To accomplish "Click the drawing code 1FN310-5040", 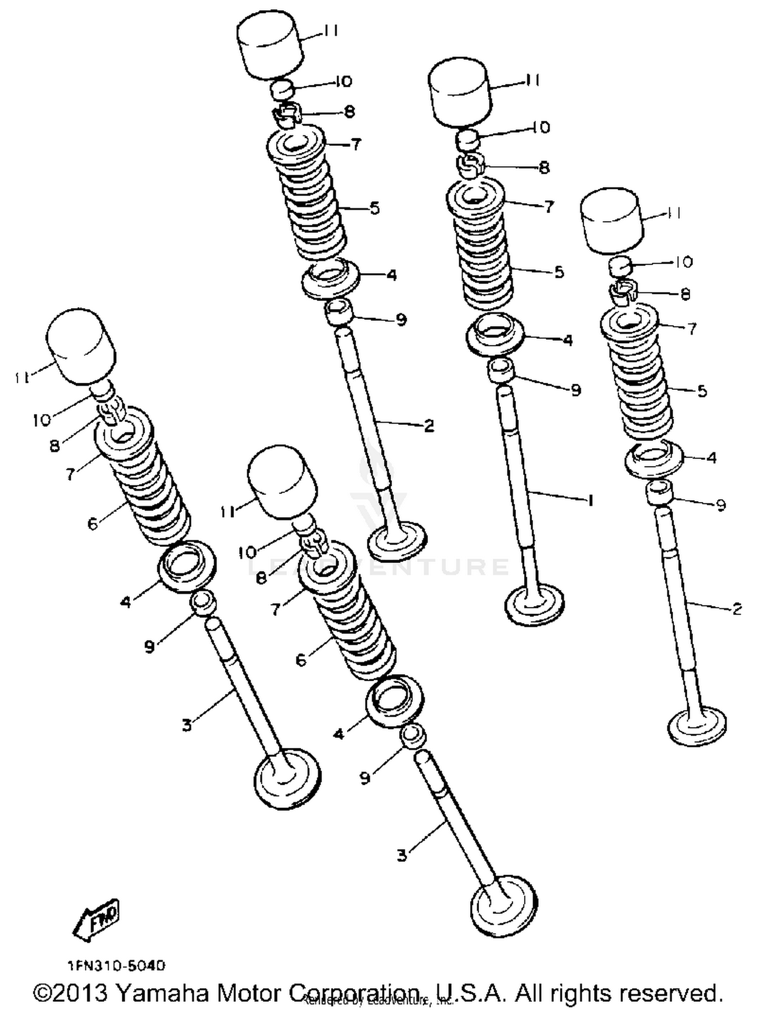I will (117, 966).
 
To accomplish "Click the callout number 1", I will (589, 500).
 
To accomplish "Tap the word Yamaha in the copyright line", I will (163, 993).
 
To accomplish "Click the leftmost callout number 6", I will (92, 524).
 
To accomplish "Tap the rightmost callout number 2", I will (737, 609).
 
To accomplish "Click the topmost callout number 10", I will (343, 81).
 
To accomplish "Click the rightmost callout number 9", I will (721, 504).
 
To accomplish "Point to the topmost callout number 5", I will (374, 208).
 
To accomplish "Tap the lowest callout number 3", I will (402, 855).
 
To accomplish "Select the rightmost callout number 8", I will (685, 294).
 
